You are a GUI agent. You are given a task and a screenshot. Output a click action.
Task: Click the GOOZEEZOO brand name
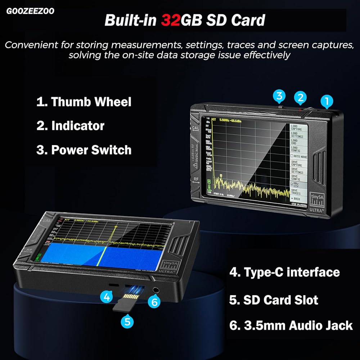[x=30, y=11]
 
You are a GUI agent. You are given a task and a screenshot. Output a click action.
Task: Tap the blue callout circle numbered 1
[x=327, y=101]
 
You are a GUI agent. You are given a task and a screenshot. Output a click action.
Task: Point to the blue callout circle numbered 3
[x=279, y=96]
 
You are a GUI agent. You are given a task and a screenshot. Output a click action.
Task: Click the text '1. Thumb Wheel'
[x=84, y=102]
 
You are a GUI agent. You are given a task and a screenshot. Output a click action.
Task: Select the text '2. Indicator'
[x=70, y=126]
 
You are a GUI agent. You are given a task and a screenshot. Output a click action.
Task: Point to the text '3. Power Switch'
[x=84, y=150]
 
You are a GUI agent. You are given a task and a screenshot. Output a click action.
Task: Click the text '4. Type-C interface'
[x=284, y=272]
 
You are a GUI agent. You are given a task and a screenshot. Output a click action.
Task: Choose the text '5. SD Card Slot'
[x=274, y=300]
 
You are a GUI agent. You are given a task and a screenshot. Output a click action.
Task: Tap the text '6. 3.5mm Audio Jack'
[x=291, y=325]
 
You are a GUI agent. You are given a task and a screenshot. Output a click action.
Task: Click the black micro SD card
[x=126, y=302]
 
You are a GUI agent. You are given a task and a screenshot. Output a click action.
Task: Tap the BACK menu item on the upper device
[x=297, y=199]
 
